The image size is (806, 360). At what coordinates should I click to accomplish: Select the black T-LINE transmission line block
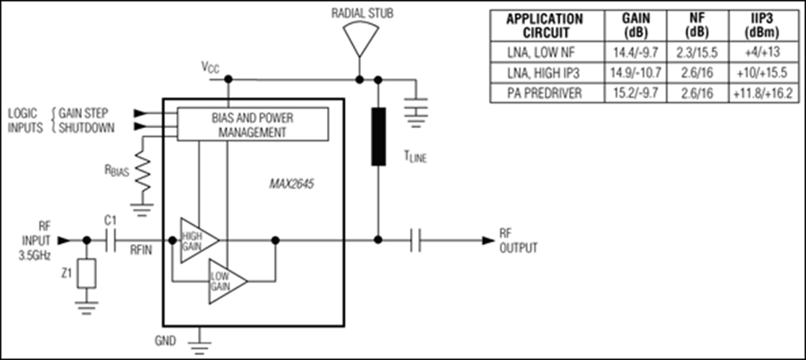(x=378, y=137)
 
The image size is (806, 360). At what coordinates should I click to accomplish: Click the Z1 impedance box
(x=86, y=273)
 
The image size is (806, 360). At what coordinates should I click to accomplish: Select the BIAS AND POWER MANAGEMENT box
(x=252, y=124)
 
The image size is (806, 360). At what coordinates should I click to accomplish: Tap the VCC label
(x=210, y=67)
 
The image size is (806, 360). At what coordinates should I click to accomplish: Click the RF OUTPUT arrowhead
(x=488, y=240)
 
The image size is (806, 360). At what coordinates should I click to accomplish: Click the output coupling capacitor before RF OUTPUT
(x=416, y=240)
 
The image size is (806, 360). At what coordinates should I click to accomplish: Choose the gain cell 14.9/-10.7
(x=635, y=73)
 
